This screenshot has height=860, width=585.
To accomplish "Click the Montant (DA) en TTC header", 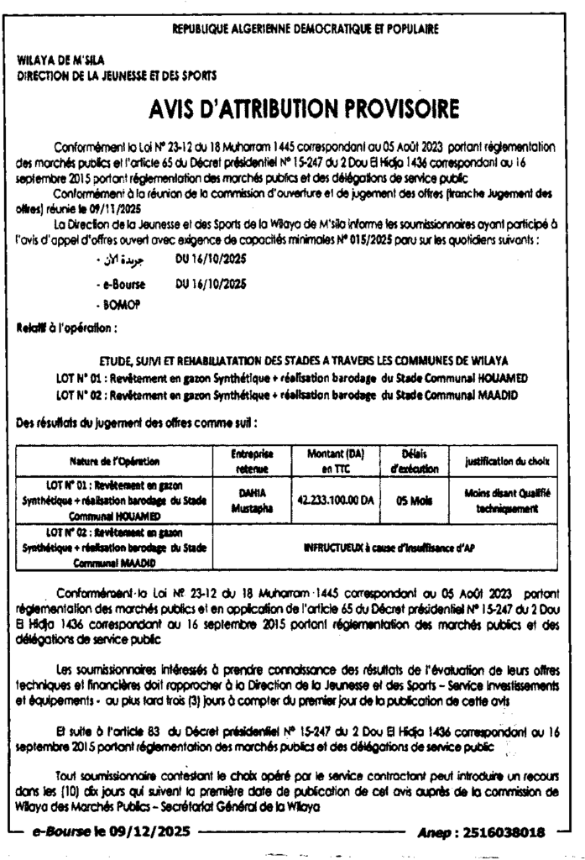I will click(x=328, y=459).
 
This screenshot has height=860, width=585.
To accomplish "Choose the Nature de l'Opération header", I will click(x=116, y=460).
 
